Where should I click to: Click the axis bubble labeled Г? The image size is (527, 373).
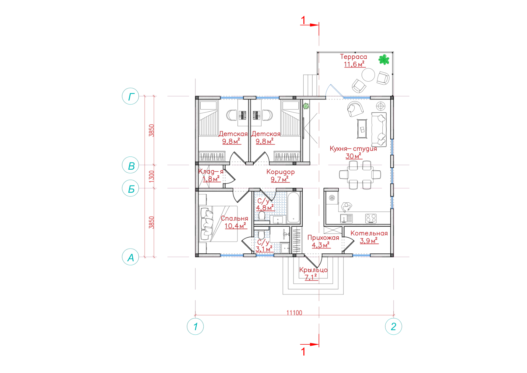point(130,96)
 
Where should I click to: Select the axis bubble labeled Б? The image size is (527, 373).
point(130,188)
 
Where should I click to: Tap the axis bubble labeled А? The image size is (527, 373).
point(130,257)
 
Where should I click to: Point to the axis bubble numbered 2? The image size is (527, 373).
point(393,327)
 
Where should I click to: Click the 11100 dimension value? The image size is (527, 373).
point(294,313)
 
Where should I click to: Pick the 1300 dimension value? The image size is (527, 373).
point(152,176)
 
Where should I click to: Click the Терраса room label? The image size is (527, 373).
point(353,57)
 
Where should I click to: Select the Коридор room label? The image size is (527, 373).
point(280,172)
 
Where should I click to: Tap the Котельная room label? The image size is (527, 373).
point(369,233)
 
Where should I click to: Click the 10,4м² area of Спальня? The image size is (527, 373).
point(235,226)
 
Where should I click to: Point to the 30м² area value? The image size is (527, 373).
point(353,156)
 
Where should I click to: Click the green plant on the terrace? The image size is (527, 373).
point(384,60)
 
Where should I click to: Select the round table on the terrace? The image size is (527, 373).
point(368,74)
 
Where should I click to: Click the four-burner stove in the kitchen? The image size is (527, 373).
point(371,218)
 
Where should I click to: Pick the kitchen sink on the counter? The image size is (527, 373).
point(346,218)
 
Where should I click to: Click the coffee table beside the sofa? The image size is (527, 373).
point(362,129)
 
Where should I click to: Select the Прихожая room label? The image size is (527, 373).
point(323,238)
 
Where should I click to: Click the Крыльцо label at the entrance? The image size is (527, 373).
point(313,270)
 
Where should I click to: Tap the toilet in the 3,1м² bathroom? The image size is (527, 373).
point(261,235)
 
